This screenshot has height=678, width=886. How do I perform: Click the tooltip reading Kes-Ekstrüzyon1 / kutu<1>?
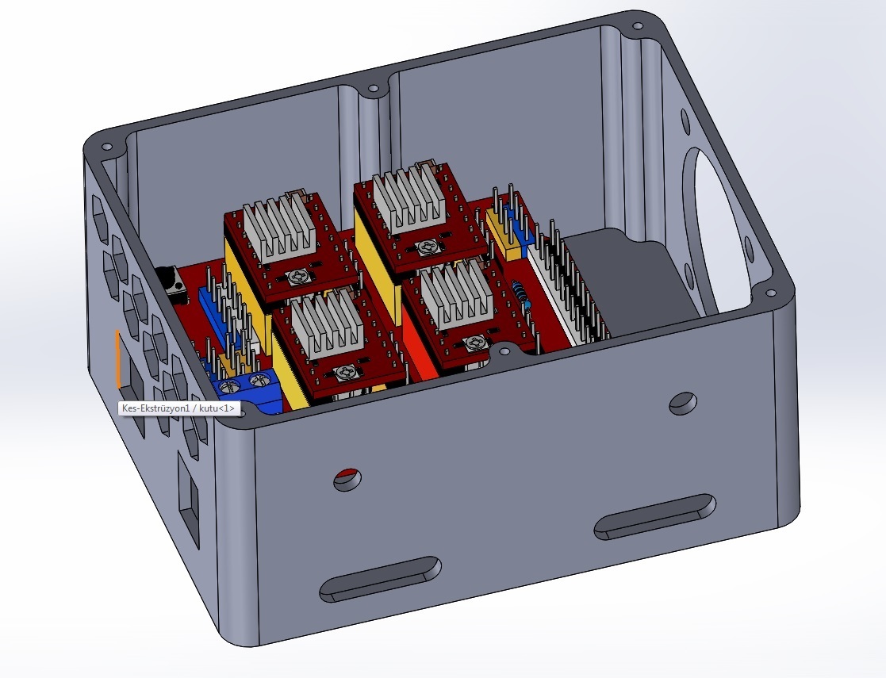point(178,408)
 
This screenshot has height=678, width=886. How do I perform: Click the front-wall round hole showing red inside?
point(347,478)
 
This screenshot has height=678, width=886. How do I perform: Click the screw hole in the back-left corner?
point(105,147)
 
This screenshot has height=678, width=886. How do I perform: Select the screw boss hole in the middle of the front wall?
point(502,350)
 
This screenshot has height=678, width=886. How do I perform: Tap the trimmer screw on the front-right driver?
point(475,342)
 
